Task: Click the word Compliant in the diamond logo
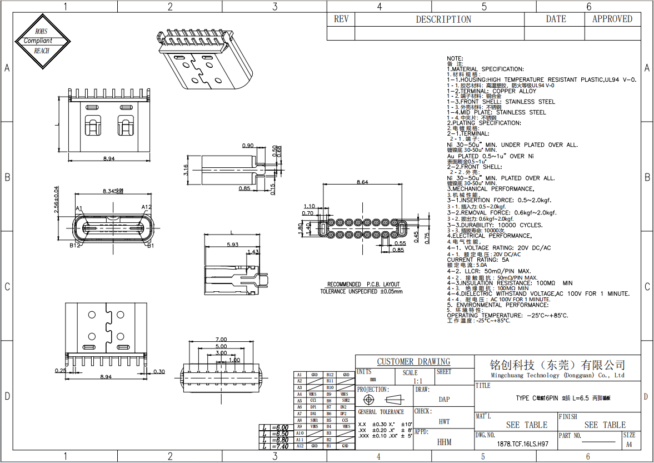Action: pyautogui.click(x=38, y=41)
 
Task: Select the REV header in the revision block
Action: pyautogui.click(x=341, y=19)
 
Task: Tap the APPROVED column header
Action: pyautogui.click(x=612, y=19)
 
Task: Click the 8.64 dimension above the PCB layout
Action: pyautogui.click(x=362, y=182)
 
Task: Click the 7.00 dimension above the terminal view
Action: pyautogui.click(x=221, y=340)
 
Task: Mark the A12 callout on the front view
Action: pyautogui.click(x=146, y=207)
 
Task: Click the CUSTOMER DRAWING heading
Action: pyautogui.click(x=413, y=361)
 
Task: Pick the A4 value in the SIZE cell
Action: pyautogui.click(x=629, y=445)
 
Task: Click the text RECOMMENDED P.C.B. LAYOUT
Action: pyautogui.click(x=363, y=284)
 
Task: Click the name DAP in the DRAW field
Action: pyautogui.click(x=444, y=399)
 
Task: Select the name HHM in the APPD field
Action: pyautogui.click(x=444, y=442)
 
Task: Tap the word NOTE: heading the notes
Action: pyautogui.click(x=455, y=58)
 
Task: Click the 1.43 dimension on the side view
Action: pyautogui.click(x=252, y=252)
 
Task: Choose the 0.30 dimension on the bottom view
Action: pyautogui.click(x=159, y=372)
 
